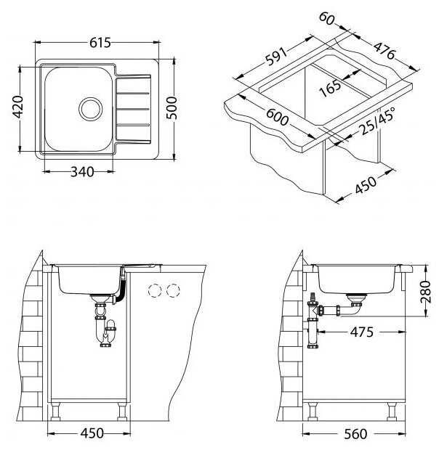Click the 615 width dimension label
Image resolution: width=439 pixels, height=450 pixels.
(100, 43)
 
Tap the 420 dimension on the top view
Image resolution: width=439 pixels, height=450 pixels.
(18, 107)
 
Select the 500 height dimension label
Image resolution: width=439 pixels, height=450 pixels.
(172, 108)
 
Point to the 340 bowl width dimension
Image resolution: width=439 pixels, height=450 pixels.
(82, 172)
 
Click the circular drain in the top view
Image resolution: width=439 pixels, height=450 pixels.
(91, 109)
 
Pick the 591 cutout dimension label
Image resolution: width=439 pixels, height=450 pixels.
(275, 57)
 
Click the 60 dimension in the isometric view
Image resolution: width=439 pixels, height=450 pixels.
(326, 19)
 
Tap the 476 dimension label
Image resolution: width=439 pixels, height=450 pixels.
(384, 51)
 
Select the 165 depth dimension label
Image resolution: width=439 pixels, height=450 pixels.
(331, 88)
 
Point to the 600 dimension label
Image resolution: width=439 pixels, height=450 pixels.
(277, 117)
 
